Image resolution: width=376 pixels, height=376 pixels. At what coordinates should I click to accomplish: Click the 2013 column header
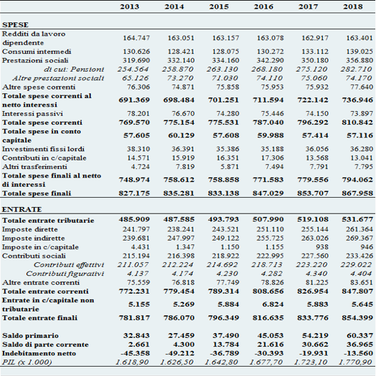(x=130, y=6)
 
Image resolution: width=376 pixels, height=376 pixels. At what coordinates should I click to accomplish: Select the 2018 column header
(x=353, y=6)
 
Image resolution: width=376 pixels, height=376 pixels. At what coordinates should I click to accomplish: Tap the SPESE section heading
(x=15, y=25)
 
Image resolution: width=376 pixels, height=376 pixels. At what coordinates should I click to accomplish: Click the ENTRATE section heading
(x=21, y=209)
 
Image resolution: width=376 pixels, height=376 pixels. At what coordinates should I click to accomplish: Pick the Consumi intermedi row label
(x=37, y=52)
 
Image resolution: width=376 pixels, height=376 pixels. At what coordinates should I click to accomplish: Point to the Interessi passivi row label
(x=32, y=113)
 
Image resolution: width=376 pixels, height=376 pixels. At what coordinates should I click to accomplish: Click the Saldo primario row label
(x=30, y=335)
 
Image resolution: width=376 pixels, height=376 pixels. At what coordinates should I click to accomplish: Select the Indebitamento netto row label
(x=39, y=353)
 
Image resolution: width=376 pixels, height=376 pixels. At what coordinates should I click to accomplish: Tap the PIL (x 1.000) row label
(x=27, y=362)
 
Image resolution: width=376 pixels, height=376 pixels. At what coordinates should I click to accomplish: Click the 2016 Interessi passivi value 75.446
(x=272, y=113)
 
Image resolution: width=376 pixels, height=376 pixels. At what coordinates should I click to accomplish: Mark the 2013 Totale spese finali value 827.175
(x=135, y=193)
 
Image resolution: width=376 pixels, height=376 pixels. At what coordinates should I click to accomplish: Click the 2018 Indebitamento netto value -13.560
(x=358, y=353)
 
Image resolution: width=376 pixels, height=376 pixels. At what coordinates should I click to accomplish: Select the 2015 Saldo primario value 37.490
(x=226, y=335)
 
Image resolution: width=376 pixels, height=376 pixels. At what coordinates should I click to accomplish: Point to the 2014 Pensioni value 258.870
(x=178, y=69)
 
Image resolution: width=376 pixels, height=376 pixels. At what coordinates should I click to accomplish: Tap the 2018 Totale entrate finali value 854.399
(x=357, y=318)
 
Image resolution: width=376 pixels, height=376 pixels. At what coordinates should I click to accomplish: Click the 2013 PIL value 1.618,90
(x=132, y=362)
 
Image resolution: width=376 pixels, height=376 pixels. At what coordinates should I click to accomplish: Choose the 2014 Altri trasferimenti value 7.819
(x=185, y=167)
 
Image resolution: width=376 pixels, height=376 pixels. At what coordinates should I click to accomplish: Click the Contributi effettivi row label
(x=69, y=265)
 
